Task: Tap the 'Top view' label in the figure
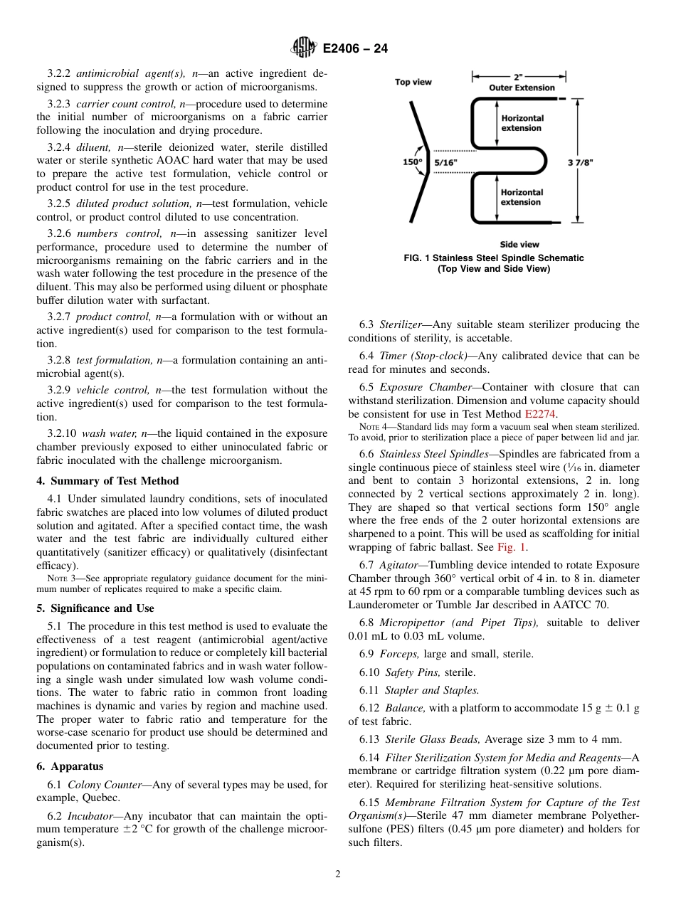click(413, 82)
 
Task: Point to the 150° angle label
click(413, 162)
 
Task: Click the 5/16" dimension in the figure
click(446, 162)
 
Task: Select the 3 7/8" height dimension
click(580, 162)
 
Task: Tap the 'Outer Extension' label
click(522, 88)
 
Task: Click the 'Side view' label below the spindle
click(519, 244)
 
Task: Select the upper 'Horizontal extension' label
click(522, 123)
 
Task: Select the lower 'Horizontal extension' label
click(522, 197)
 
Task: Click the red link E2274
click(541, 414)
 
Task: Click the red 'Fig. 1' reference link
click(511, 547)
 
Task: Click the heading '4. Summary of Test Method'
click(107, 481)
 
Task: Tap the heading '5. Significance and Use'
click(95, 608)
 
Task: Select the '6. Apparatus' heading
click(70, 766)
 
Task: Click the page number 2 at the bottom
click(338, 874)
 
